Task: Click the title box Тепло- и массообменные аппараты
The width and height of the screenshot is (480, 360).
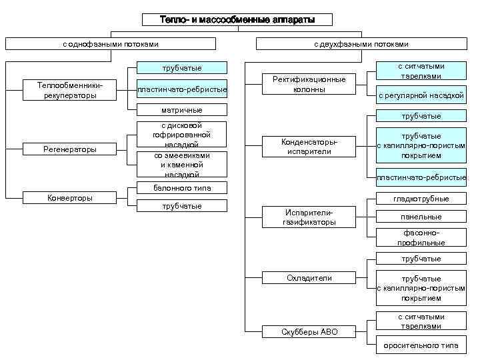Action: [237, 20]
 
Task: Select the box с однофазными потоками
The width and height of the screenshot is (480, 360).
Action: [111, 44]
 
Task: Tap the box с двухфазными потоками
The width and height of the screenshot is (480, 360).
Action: [361, 44]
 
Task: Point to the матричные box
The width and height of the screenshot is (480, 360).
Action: [181, 109]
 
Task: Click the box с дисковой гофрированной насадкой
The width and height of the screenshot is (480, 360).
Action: [181, 135]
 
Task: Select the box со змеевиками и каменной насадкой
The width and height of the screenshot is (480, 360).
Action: [181, 164]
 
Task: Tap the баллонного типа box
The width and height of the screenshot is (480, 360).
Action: [181, 188]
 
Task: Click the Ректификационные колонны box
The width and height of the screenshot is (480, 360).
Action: [309, 84]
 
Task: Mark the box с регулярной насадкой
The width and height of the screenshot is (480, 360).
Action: [421, 95]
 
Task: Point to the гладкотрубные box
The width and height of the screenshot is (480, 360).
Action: [421, 199]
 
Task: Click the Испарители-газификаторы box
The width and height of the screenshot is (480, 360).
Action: [309, 217]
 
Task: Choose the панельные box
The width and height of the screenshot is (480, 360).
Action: [421, 217]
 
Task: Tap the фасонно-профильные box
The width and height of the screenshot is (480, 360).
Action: [421, 238]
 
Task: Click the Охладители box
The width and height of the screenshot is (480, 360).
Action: [309, 278]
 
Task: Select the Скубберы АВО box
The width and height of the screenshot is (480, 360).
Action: [309, 331]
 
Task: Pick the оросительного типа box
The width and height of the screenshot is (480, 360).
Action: [421, 346]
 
